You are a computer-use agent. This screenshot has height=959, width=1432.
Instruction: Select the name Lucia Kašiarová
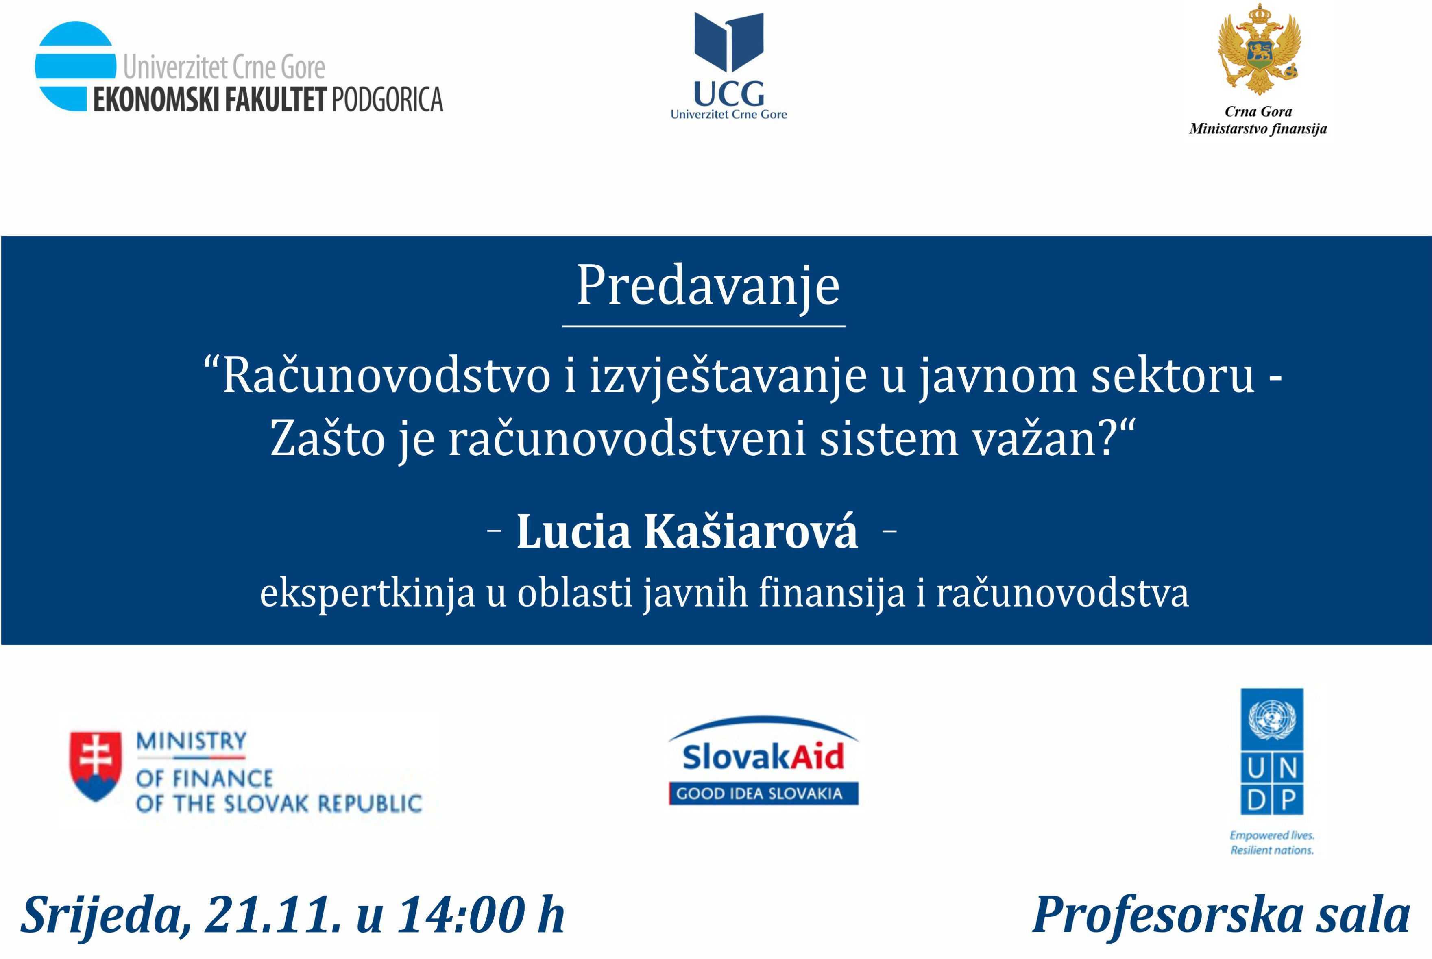(x=688, y=531)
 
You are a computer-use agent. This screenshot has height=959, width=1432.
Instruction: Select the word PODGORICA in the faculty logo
(x=387, y=100)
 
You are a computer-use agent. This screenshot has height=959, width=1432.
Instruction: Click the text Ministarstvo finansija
(x=1258, y=129)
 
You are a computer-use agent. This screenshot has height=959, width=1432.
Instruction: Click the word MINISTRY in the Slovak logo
(x=192, y=741)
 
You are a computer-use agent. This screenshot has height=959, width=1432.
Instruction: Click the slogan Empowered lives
(x=1272, y=835)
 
